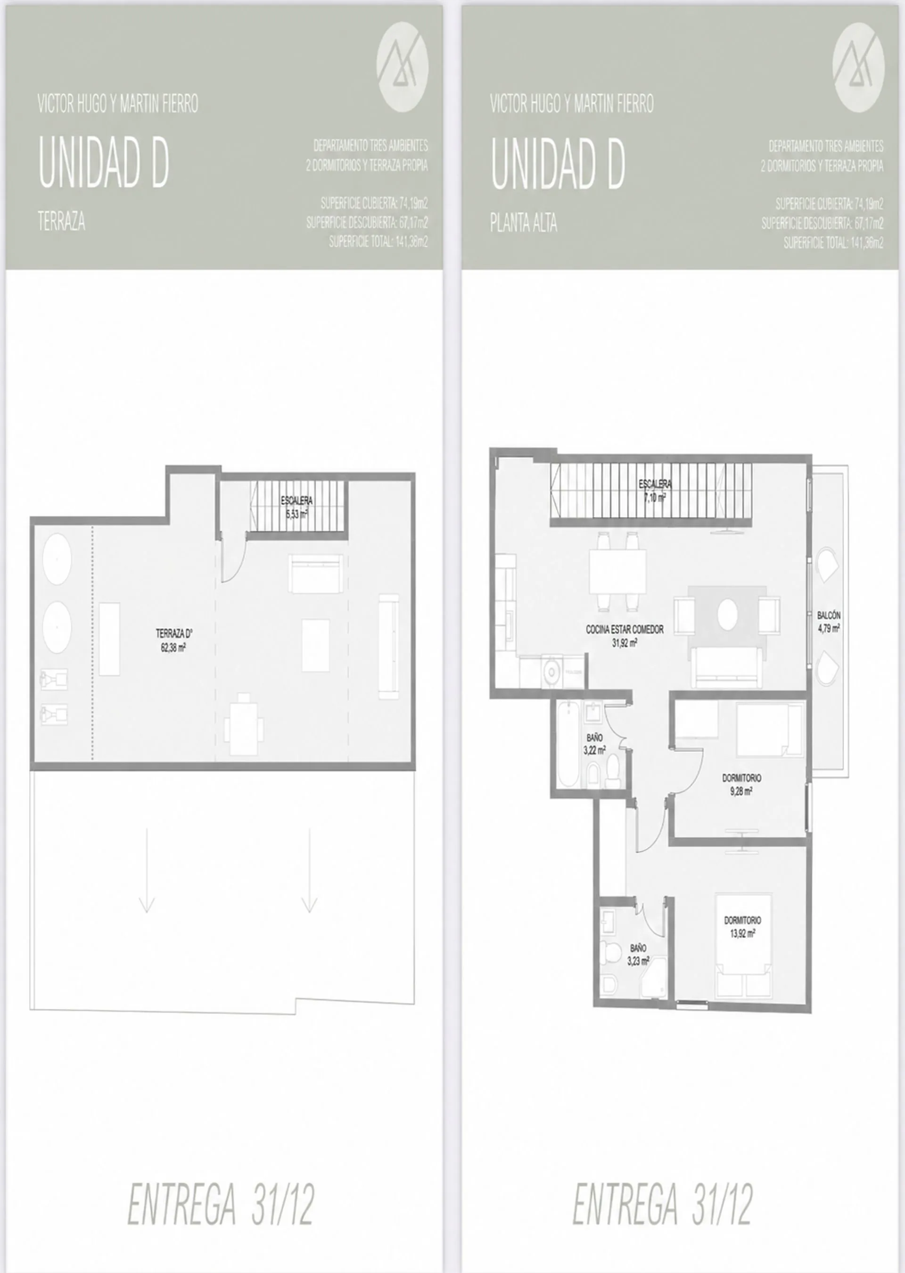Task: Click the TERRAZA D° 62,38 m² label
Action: [174, 640]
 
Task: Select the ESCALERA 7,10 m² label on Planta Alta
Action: [655, 491]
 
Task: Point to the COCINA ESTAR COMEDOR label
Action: [625, 630]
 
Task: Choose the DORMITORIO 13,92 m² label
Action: [742, 927]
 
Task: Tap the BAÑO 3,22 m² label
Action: [594, 744]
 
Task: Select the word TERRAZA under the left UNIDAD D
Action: [61, 221]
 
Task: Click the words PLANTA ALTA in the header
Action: [523, 223]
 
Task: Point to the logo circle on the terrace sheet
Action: [403, 67]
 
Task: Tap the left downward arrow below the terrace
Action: [147, 870]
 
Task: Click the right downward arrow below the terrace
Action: [309, 870]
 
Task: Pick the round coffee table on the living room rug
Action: [727, 615]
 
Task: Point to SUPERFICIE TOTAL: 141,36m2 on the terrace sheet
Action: [378, 242]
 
